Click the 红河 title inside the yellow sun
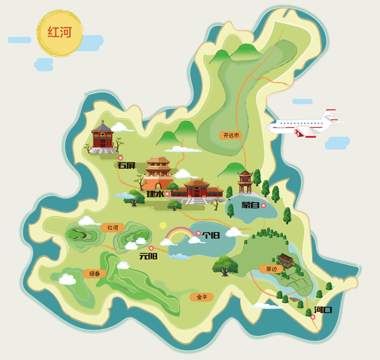coord(60,32)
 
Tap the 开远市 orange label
coord(231,135)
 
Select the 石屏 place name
coord(126,165)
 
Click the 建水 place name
coord(155,194)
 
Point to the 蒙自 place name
coord(250,206)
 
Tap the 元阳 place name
coord(148,256)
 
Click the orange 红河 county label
coord(113,228)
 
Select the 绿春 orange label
coord(95,273)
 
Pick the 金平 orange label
coord(202,297)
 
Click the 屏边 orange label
coord(271,269)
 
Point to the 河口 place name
coord(323,310)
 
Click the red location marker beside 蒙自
coord(263,206)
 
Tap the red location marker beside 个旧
coord(198,233)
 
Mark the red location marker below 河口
coord(313,317)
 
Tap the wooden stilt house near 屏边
coord(286,260)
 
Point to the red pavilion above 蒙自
coord(245,181)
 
